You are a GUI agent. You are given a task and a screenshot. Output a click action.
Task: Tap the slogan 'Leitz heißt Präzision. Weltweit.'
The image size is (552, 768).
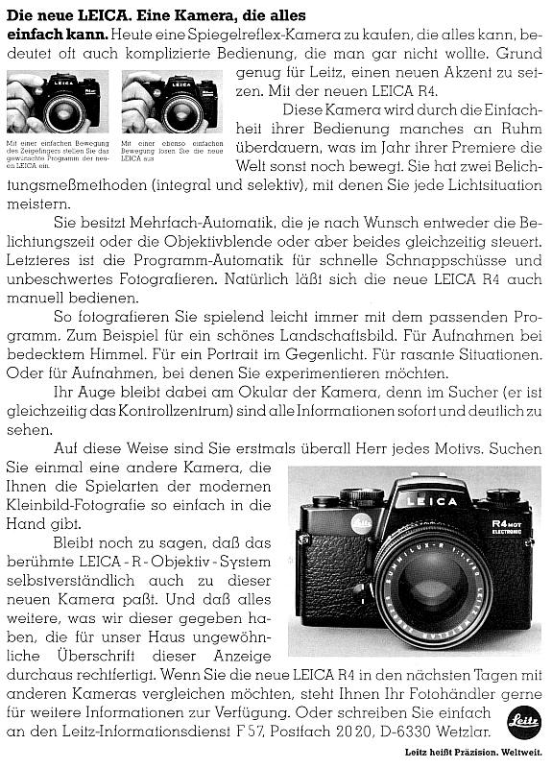click(x=487, y=753)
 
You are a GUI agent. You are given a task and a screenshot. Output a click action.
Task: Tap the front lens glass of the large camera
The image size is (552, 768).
click(x=430, y=586)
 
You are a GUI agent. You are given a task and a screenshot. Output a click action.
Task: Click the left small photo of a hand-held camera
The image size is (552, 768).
click(x=57, y=104)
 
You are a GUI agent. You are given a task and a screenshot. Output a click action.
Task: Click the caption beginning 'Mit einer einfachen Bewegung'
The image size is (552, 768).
click(x=57, y=155)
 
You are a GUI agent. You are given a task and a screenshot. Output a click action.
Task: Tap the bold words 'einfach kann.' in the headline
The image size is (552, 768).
click(x=41, y=34)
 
